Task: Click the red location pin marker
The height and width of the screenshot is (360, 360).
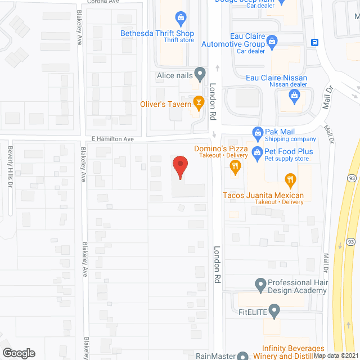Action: coord(180,167)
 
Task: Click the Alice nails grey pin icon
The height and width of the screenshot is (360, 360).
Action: coord(199,74)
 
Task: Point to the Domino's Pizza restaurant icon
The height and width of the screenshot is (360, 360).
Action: coord(235,166)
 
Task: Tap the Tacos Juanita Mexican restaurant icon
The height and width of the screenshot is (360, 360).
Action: coord(290,181)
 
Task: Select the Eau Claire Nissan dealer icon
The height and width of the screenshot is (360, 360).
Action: coord(294,96)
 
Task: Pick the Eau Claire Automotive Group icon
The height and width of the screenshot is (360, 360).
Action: coord(272,40)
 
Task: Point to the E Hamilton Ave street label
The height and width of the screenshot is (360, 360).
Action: coord(112,139)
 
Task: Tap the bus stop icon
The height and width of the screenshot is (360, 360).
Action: coord(316,42)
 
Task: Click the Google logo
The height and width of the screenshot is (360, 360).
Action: coord(19,353)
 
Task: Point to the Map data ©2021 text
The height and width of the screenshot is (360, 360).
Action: coord(336,355)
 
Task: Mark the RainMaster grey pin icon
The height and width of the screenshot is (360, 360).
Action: coord(242,356)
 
